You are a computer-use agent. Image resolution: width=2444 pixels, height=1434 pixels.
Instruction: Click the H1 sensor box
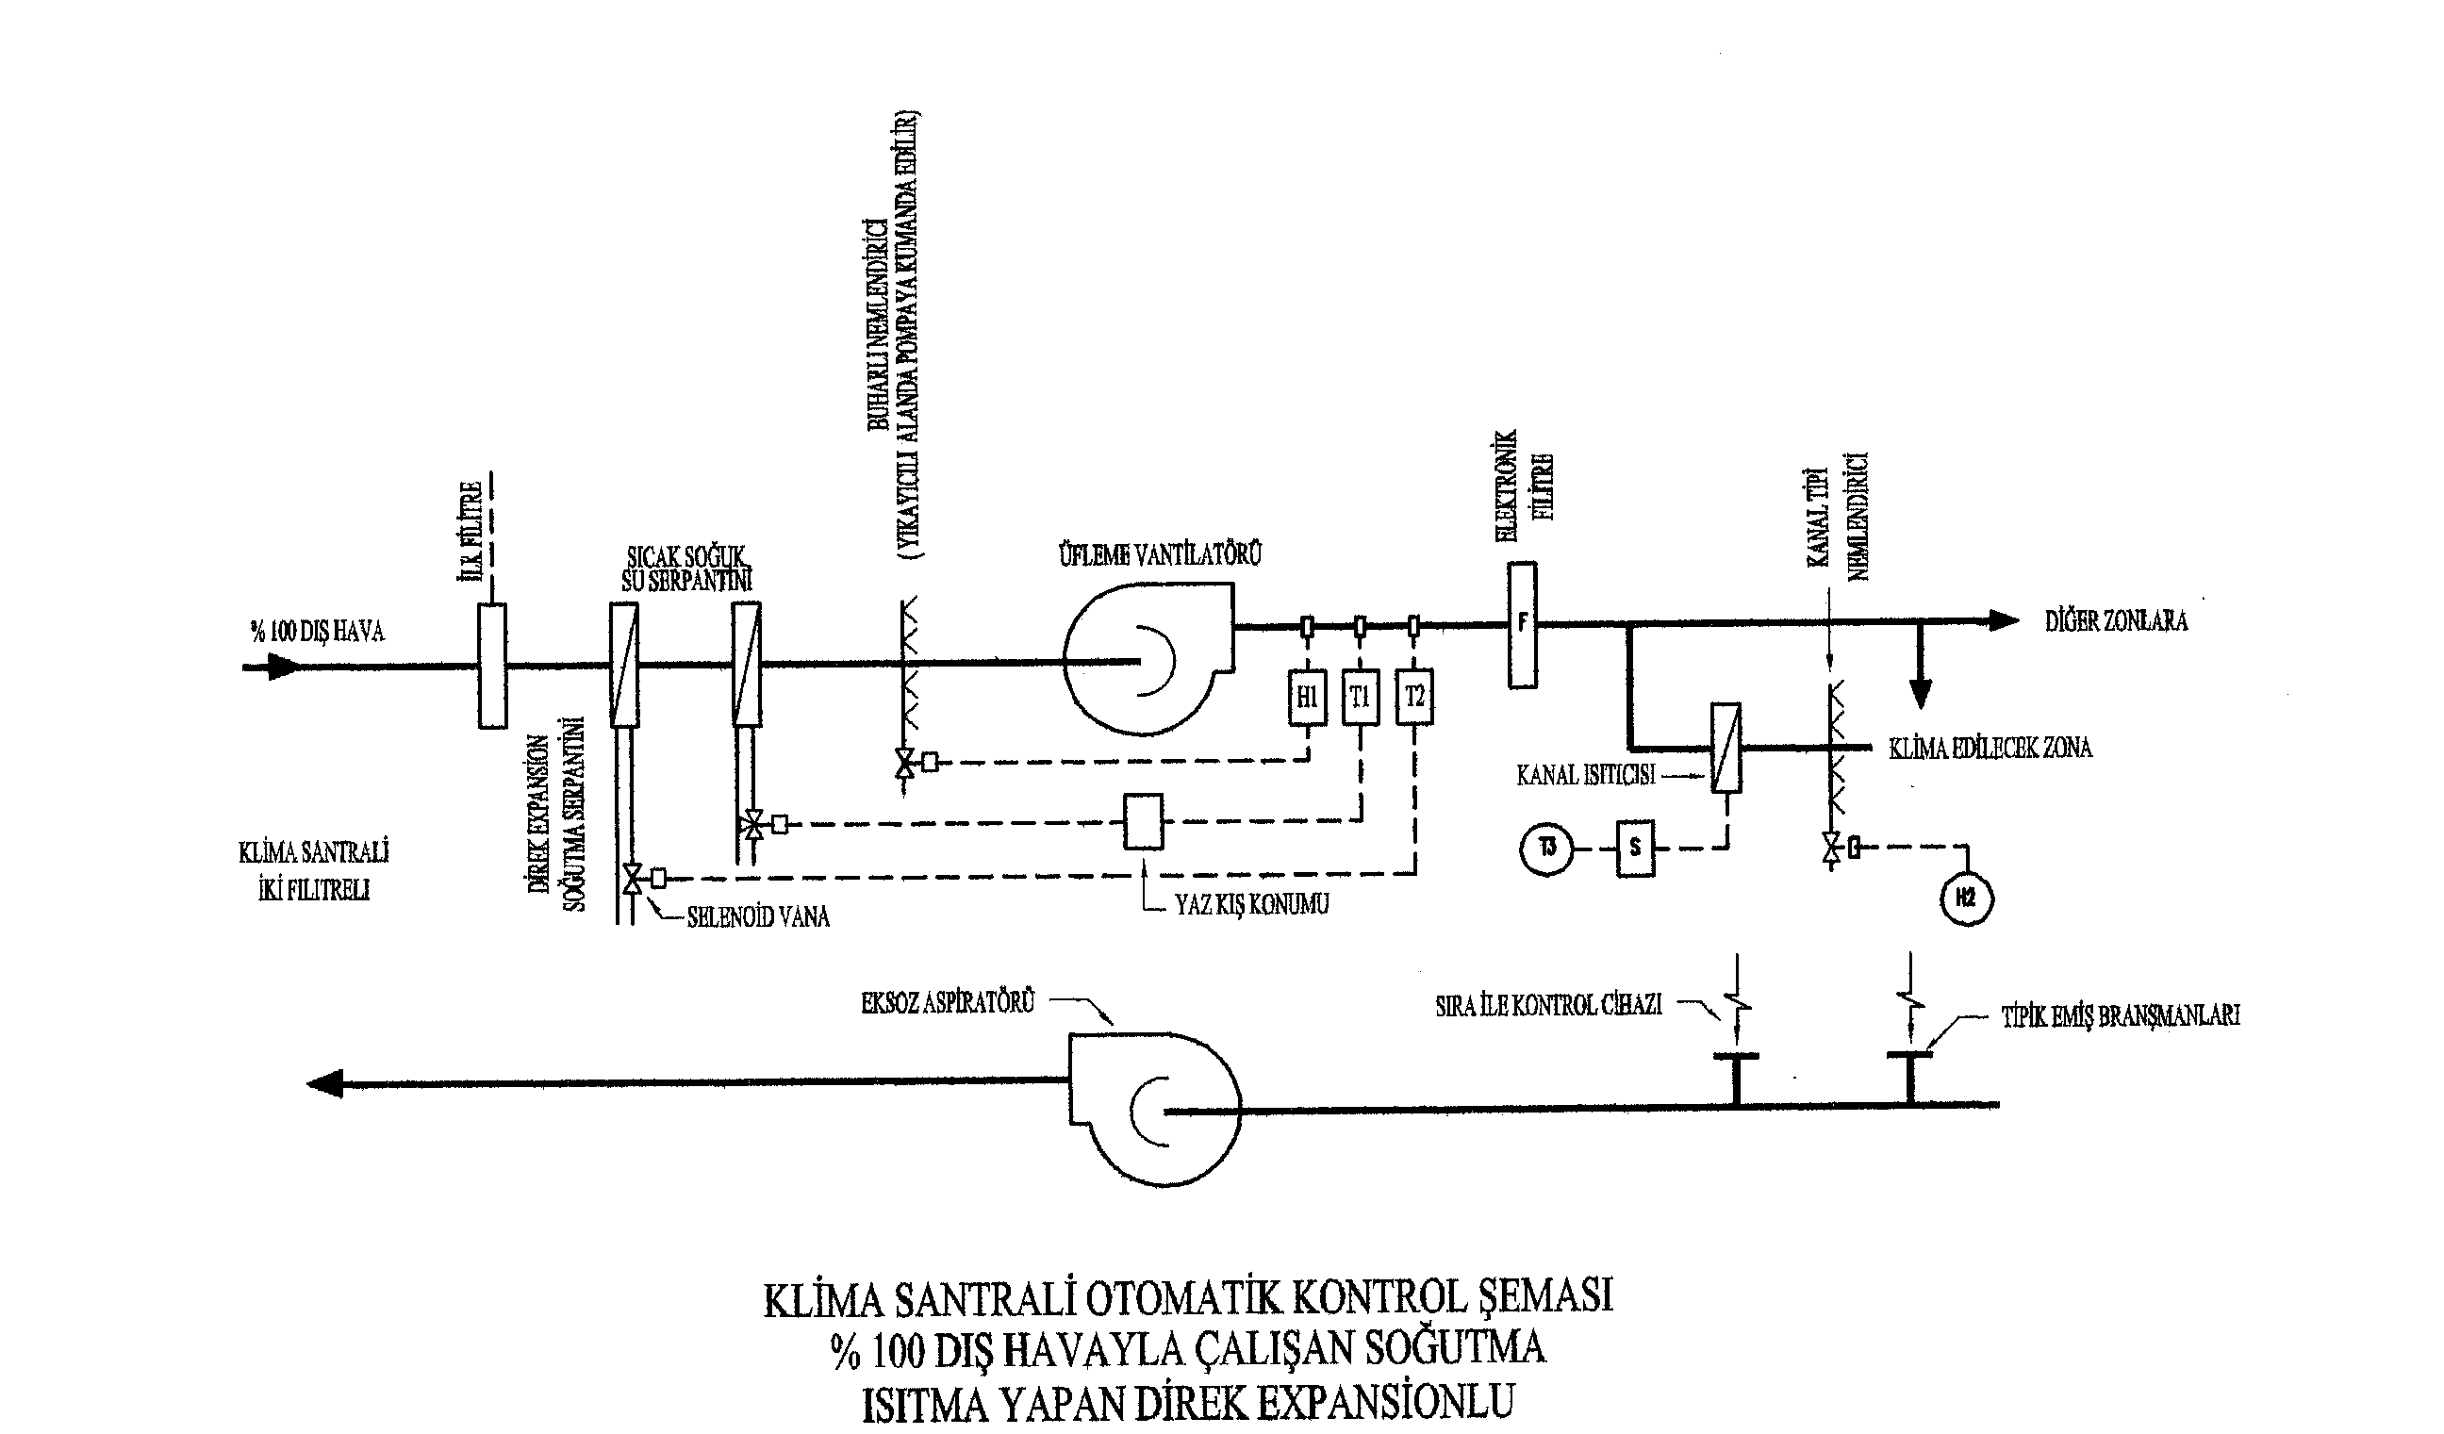click(x=1306, y=696)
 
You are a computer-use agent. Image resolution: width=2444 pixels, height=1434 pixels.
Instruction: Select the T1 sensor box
click(x=1360, y=696)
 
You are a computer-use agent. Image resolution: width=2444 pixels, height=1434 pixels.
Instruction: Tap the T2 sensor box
click(x=1414, y=696)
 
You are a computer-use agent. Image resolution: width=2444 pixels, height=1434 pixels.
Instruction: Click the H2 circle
click(x=1966, y=898)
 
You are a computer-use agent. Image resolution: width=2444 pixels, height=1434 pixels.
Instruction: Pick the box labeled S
click(x=1635, y=849)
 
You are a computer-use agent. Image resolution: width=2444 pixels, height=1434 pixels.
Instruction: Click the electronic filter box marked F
click(x=1522, y=625)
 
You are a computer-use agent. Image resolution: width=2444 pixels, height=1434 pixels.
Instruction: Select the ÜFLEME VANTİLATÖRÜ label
click(x=1159, y=555)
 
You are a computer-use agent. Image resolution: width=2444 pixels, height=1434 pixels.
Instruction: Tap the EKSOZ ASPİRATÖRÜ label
click(x=948, y=1002)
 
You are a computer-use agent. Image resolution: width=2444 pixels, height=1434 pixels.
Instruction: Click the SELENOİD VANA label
click(x=758, y=917)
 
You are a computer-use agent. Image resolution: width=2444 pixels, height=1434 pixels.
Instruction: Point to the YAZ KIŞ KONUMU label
click(x=1251, y=904)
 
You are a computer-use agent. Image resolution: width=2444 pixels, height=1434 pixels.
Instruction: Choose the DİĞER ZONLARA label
click(x=2116, y=621)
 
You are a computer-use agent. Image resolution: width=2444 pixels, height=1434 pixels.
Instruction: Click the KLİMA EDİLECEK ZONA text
click(x=1990, y=749)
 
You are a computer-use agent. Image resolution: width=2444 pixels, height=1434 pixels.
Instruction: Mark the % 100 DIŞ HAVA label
click(x=317, y=633)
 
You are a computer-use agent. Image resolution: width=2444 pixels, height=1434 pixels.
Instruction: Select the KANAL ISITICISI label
click(x=1586, y=776)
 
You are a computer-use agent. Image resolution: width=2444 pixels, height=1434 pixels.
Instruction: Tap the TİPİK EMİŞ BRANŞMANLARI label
click(x=2120, y=1017)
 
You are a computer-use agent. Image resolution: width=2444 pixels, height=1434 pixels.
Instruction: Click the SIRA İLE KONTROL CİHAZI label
click(x=1549, y=1005)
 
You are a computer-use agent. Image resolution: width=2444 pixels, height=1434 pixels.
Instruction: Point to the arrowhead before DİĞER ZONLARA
click(x=2004, y=620)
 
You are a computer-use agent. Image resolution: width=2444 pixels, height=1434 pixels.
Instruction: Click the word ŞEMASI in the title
click(x=1542, y=1297)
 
